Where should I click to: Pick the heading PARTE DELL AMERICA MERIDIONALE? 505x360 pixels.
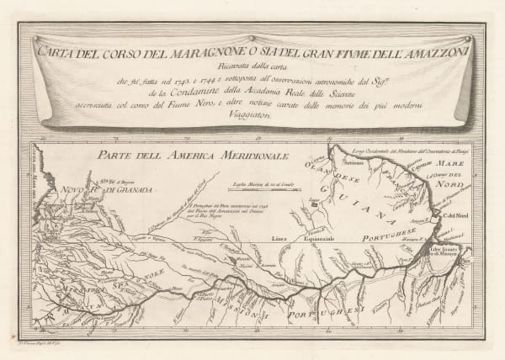coord(192,156)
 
